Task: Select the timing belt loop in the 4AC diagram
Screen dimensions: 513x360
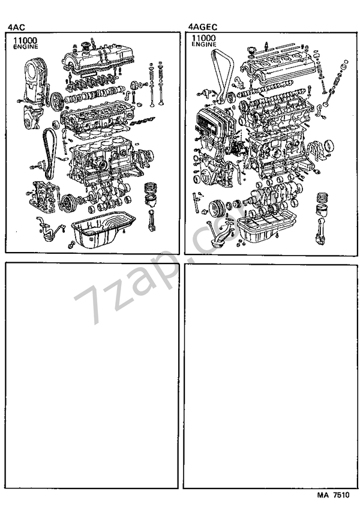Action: point(49,154)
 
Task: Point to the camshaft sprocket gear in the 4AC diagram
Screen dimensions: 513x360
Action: point(56,100)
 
